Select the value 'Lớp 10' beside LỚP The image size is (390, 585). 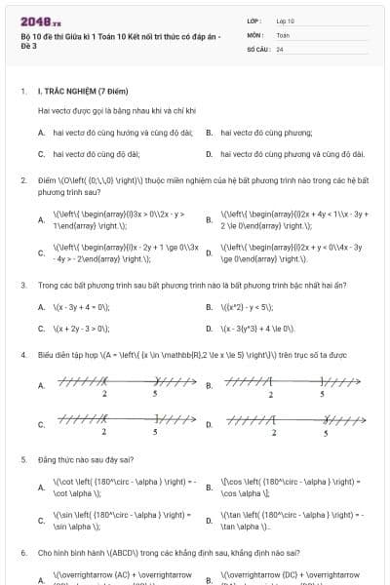click(x=286, y=20)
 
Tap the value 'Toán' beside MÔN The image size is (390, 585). click(x=283, y=34)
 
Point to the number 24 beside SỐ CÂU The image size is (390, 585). click(x=280, y=48)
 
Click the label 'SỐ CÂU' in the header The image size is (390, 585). click(x=257, y=48)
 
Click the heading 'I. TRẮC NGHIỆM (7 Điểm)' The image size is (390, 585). click(x=81, y=91)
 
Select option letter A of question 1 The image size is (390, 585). click(x=41, y=132)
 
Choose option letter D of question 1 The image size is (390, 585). click(x=210, y=153)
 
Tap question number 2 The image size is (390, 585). click(x=22, y=180)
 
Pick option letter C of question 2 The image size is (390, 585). click(x=41, y=253)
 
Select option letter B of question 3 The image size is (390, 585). click(x=210, y=307)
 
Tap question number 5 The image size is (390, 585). click(x=22, y=458)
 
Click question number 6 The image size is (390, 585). click(x=22, y=553)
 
